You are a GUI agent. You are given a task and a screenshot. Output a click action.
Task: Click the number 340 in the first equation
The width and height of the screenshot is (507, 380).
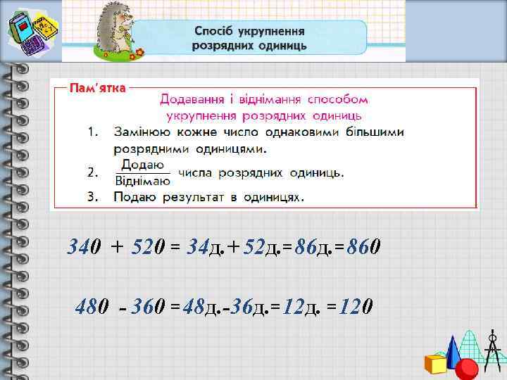pyautogui.click(x=84, y=247)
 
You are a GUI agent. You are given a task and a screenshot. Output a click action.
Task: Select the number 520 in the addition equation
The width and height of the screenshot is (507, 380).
pyautogui.click(x=149, y=247)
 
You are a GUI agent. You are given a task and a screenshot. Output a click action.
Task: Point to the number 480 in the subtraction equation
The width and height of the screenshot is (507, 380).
pyautogui.click(x=92, y=308)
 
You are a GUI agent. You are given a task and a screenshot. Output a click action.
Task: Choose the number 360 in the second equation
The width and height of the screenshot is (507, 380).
pyautogui.click(x=149, y=308)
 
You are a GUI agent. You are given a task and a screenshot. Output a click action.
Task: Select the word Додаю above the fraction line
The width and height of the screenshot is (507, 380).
pyautogui.click(x=142, y=165)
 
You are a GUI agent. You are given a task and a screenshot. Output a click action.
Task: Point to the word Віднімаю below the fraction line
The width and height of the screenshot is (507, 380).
pyautogui.click(x=142, y=179)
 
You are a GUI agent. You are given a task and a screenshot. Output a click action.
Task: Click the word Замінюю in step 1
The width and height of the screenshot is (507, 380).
pyautogui.click(x=143, y=132)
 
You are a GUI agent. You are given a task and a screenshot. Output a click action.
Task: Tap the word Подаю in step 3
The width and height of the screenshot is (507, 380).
pyautogui.click(x=134, y=197)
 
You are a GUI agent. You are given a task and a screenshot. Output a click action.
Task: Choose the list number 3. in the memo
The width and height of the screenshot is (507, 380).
pyautogui.click(x=92, y=197)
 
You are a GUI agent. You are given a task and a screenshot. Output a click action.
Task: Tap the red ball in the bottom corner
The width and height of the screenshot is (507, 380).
pyautogui.click(x=467, y=369)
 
